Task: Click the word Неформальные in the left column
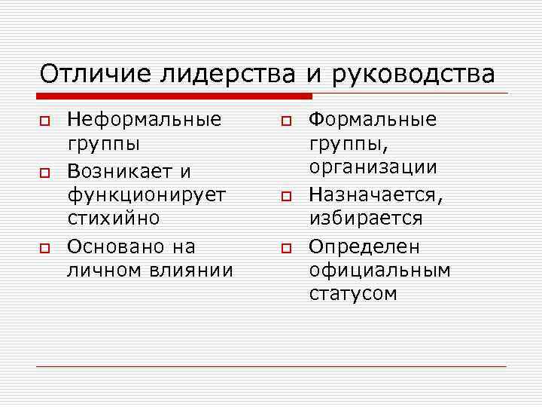145,119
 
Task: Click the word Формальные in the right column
373,119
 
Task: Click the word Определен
364,246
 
